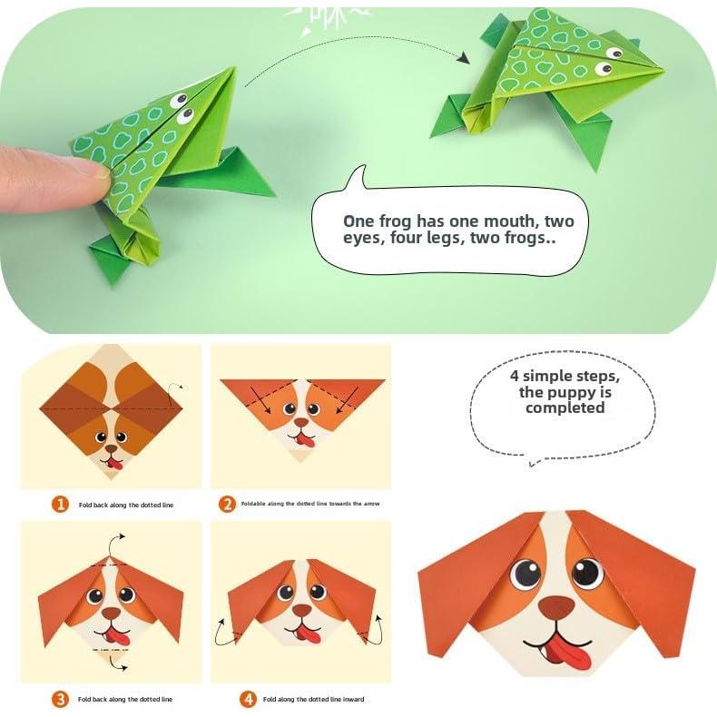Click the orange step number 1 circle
pos(61,504)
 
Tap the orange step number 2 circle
pos(227,504)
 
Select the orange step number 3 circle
pos(61,699)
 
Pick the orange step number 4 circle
pos(248,699)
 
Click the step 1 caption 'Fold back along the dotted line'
pos(124,504)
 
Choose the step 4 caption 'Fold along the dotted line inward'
pos(314,699)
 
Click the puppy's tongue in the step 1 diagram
pos(113,466)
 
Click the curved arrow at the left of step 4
pos(221,630)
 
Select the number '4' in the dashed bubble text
pos(515,377)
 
